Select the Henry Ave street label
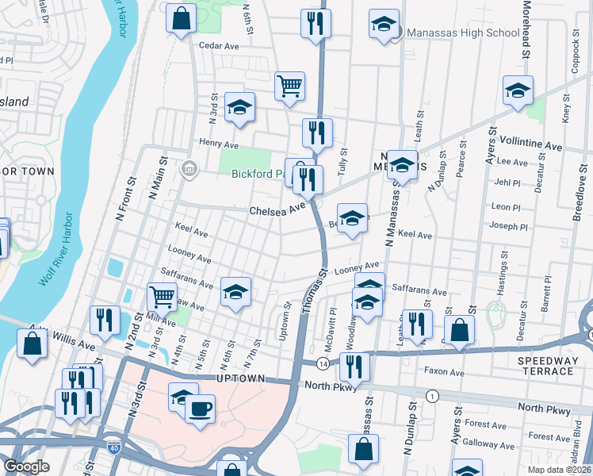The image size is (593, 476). [219, 144]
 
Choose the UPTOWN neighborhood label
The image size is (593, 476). [240, 380]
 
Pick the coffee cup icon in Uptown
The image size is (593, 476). [200, 410]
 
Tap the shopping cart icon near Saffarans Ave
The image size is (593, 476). [163, 297]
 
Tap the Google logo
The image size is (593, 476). [27, 466]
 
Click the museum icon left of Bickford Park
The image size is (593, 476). [189, 168]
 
